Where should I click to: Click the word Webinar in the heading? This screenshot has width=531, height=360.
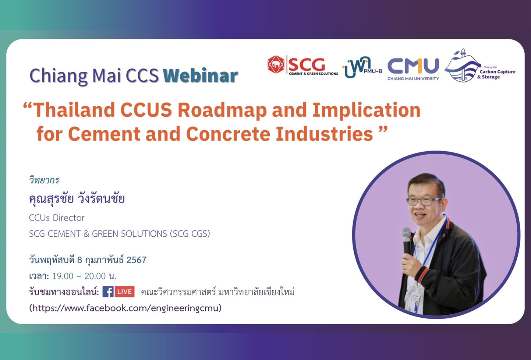click(x=201, y=75)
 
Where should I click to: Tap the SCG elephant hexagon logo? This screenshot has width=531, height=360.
click(x=276, y=65)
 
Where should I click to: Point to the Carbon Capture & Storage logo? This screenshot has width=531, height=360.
click(x=478, y=67)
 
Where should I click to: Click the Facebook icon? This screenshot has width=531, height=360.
click(x=108, y=292)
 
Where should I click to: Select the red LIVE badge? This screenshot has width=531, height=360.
click(x=125, y=292)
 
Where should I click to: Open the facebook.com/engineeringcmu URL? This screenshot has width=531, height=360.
click(x=125, y=308)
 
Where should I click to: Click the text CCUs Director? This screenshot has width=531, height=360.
click(x=57, y=218)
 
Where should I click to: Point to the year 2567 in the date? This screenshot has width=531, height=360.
click(x=136, y=260)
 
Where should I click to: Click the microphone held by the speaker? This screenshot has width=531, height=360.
click(x=407, y=239)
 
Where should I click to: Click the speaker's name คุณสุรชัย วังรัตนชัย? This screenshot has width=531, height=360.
click(x=77, y=199)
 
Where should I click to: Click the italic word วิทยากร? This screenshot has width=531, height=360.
click(x=44, y=180)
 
